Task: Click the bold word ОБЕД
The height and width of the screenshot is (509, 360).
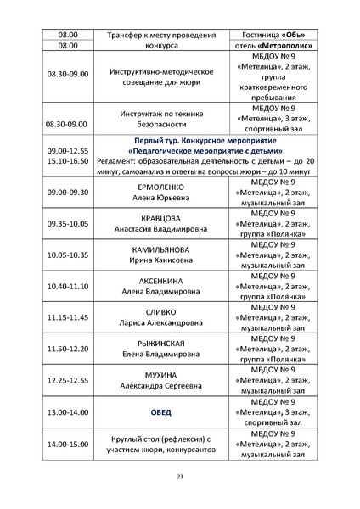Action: coord(160,411)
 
